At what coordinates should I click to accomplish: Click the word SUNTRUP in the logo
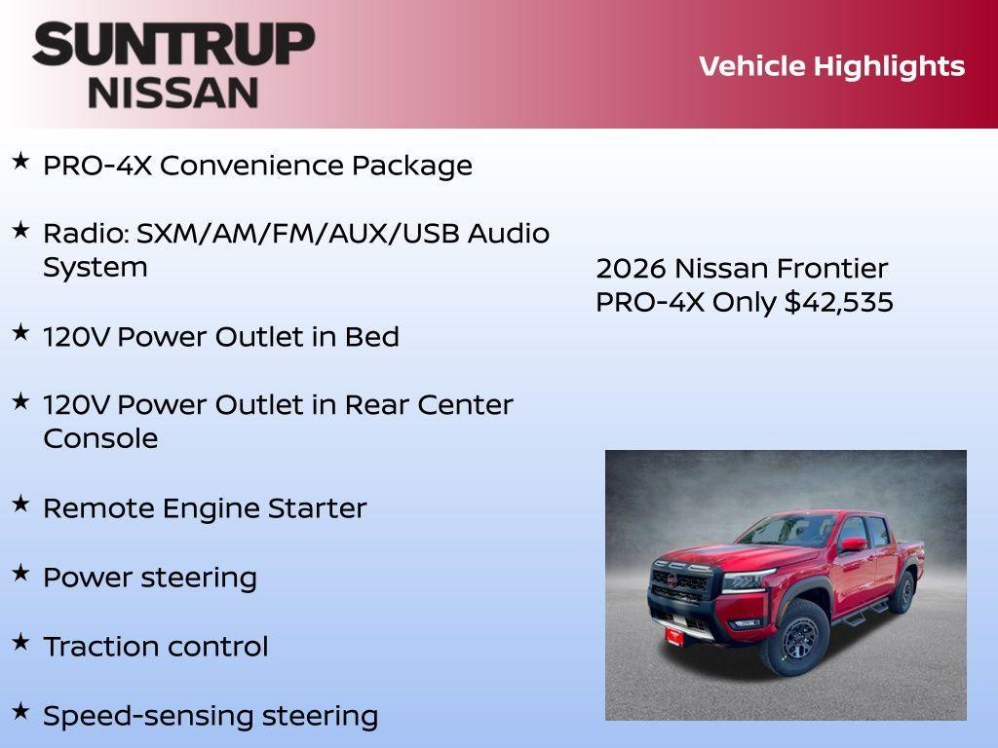point(173,44)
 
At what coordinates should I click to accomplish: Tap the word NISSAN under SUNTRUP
point(173,93)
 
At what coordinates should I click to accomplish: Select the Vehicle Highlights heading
point(831,66)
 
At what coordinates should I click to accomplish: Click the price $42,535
point(839,302)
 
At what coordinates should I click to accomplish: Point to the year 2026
point(631,269)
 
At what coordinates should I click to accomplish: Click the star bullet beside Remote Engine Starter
point(20,504)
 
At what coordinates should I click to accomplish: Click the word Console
point(100,438)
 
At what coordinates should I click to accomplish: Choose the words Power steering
point(150,578)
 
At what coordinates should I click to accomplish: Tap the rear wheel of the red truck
point(903,592)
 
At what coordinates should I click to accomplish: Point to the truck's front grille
point(682,587)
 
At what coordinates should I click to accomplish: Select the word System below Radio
point(96,268)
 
